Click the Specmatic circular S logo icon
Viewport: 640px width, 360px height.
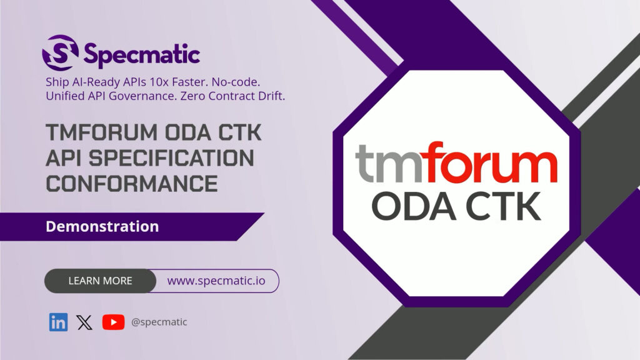[61, 52]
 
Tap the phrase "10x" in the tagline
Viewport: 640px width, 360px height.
[161, 82]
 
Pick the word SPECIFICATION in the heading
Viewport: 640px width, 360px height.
[167, 159]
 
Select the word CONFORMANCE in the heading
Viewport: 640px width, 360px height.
[132, 184]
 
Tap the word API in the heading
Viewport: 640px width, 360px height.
[64, 159]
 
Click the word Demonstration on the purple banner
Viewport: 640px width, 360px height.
[102, 226]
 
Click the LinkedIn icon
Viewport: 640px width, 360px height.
[58, 322]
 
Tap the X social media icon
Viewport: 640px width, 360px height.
[84, 322]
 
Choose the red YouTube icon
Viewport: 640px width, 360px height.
[113, 322]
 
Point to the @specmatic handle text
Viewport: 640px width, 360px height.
[159, 322]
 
